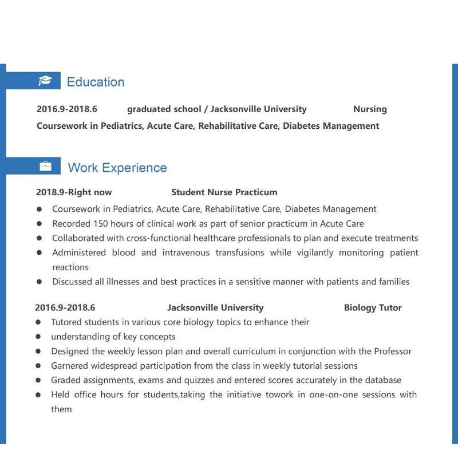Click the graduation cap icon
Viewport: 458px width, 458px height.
45,81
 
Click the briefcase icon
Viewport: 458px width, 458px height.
45,167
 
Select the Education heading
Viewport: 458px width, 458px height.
96,82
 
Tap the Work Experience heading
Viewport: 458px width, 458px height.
117,168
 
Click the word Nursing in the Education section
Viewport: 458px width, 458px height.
370,109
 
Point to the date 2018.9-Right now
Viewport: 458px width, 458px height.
74,192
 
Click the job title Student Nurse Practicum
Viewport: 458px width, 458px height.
224,192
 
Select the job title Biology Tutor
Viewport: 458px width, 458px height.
373,307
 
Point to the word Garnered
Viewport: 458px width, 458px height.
70,365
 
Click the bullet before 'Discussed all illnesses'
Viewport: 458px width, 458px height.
39,282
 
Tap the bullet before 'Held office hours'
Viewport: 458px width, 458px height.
38,395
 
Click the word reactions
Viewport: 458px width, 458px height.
70,267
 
